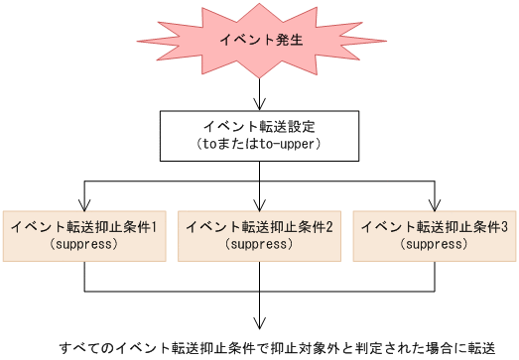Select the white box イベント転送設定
[x=259, y=135]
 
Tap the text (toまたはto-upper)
[x=259, y=145]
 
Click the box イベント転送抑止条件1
[x=84, y=235]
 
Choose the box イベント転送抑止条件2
[x=259, y=235]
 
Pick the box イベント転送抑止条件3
[x=434, y=235]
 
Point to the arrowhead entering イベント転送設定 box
[x=259, y=104]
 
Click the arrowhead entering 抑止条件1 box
[x=84, y=203]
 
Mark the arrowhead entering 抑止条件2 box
[x=259, y=203]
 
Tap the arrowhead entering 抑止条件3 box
[x=434, y=203]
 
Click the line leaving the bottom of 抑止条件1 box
[x=84, y=277]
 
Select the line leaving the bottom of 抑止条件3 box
[x=434, y=277]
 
